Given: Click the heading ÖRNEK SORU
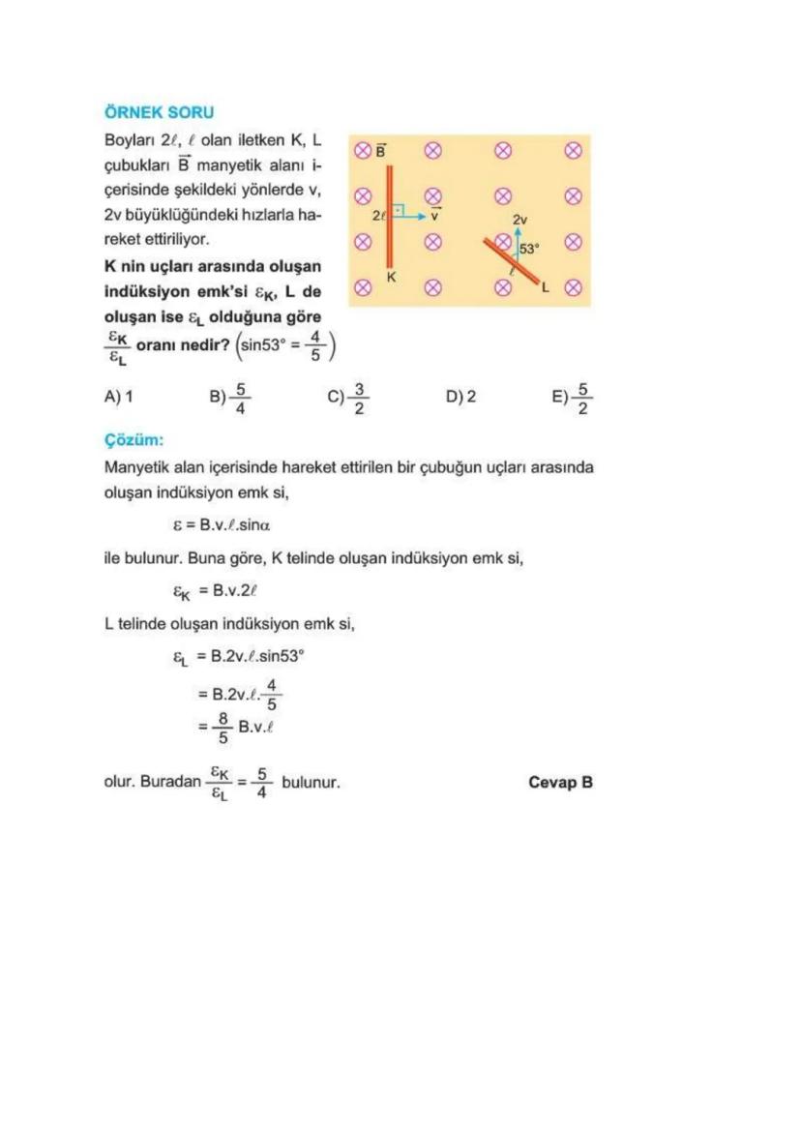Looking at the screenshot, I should (159, 113).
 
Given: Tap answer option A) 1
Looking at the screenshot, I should (118, 396).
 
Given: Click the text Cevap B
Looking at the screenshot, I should (560, 782).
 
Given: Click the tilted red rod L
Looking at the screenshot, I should (513, 260).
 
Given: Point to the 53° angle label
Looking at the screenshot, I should (529, 249).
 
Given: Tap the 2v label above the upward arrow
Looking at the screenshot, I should (520, 220).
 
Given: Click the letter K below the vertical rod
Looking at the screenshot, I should (392, 278).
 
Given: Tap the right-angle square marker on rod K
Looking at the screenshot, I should (398, 209).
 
